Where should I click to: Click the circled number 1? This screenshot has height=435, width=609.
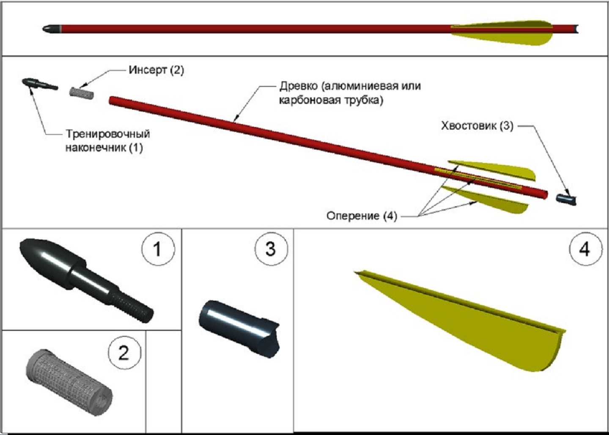(157, 249)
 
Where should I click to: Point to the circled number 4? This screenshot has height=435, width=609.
(584, 249)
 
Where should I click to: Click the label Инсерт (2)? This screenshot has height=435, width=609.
(156, 70)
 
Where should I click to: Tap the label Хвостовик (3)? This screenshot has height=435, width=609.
(477, 126)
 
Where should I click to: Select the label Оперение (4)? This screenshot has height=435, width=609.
(362, 216)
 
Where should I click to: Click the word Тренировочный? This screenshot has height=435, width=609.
(108, 134)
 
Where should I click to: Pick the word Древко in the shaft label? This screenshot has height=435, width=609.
(298, 86)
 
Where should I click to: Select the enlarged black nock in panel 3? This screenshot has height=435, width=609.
(239, 326)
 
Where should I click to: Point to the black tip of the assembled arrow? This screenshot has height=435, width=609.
(52, 29)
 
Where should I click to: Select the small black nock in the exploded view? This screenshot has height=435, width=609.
(566, 199)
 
